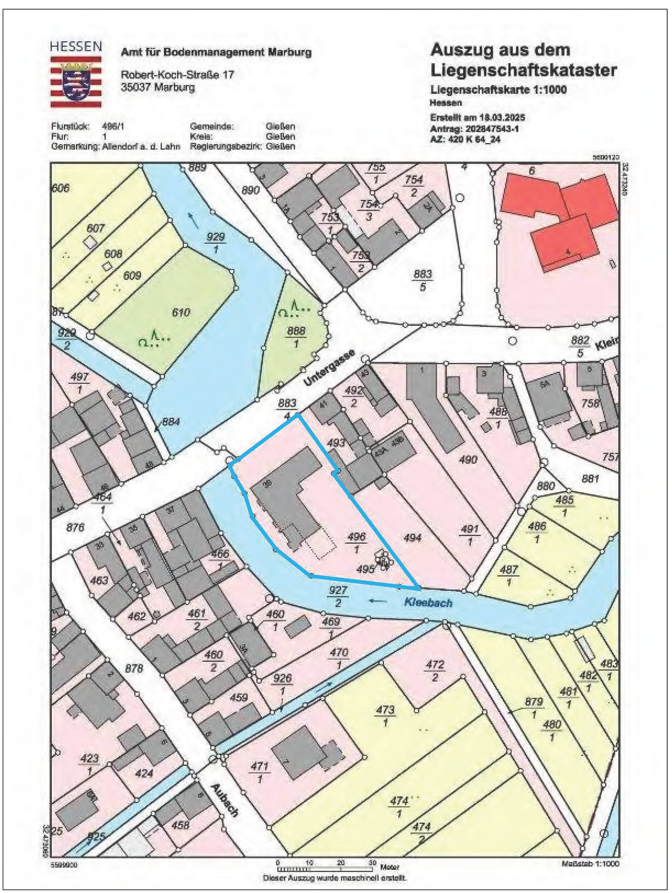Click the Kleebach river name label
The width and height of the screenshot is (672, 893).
pos(428,603)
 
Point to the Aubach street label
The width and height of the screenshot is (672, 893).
pos(224,801)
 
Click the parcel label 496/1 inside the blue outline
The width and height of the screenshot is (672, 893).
pos(356,543)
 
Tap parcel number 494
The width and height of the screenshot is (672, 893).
pos(412,537)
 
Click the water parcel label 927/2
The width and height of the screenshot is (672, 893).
pos(337,596)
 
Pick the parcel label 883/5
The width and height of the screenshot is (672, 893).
pos(422,280)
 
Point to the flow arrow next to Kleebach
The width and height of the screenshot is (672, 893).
pos(378,601)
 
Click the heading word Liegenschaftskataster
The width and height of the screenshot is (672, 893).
pos(523,70)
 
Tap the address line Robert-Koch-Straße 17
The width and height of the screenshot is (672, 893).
pos(177,75)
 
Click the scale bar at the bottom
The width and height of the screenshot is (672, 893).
pos(325,868)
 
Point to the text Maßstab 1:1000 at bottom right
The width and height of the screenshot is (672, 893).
pos(590,863)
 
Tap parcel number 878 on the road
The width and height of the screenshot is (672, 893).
pos(134,668)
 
